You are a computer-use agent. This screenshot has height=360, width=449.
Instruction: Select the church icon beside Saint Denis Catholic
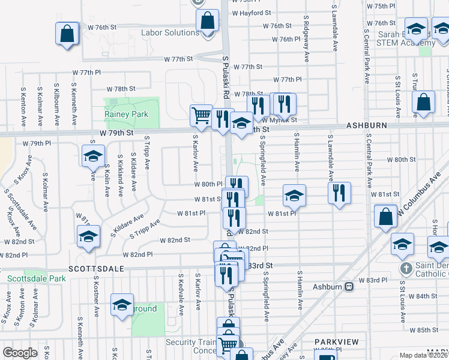406,268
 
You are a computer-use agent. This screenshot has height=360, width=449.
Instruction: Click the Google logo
20,353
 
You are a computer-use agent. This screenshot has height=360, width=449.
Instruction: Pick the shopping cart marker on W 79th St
201,115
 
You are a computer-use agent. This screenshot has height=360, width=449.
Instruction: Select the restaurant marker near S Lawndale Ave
339,193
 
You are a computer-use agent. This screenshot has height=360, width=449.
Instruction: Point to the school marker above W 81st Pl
294,195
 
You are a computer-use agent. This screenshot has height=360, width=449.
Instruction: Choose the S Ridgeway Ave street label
306,42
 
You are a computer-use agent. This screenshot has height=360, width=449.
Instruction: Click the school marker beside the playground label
122,305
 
